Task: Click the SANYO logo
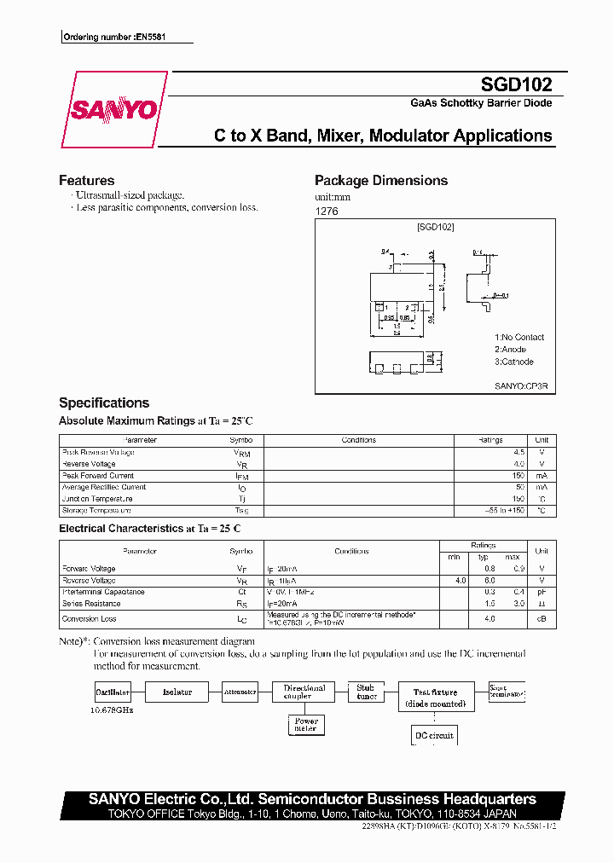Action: click(x=113, y=110)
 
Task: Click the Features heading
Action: click(x=86, y=181)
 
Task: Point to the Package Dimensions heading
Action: click(x=380, y=181)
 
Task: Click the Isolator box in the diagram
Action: click(x=177, y=692)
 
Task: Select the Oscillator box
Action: click(x=113, y=692)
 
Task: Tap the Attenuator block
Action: click(x=240, y=692)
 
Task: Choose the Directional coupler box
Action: click(x=304, y=692)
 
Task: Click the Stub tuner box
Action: click(x=366, y=692)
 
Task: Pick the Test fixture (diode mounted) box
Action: click(x=435, y=698)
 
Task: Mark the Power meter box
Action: click(x=304, y=725)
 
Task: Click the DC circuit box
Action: click(x=433, y=735)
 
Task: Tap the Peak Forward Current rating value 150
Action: click(x=517, y=475)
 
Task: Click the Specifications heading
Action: click(x=104, y=403)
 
